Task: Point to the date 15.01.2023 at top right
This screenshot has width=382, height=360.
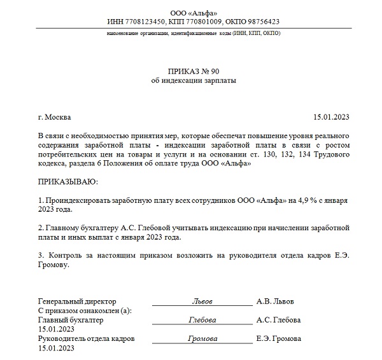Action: (332, 117)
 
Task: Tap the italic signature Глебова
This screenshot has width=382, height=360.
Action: (202, 320)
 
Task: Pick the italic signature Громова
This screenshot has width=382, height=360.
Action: (202, 339)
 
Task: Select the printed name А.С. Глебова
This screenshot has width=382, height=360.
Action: (278, 320)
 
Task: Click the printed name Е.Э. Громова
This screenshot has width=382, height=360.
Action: (278, 339)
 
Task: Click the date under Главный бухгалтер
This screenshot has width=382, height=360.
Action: (57, 329)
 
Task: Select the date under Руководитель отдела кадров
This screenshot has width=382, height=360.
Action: (57, 349)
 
